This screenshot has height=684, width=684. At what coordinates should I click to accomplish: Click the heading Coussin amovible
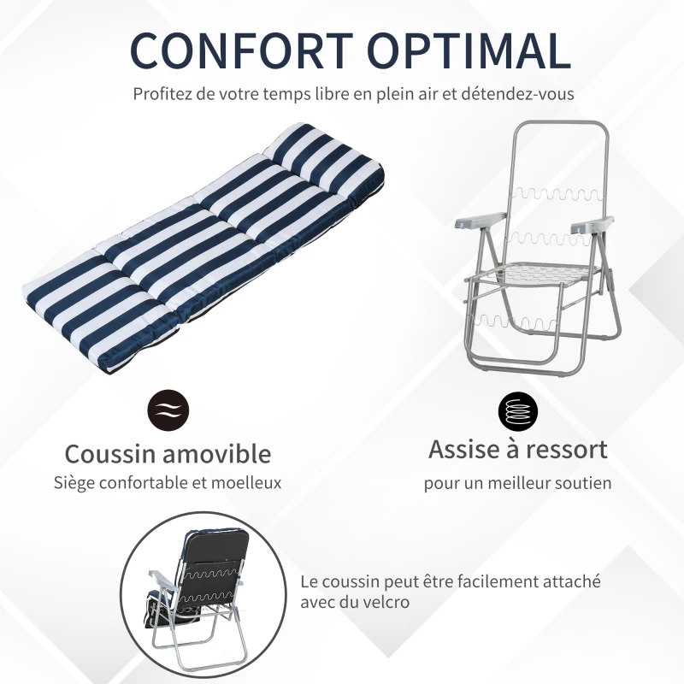click(168, 453)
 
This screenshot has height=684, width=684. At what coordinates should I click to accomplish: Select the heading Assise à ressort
click(518, 449)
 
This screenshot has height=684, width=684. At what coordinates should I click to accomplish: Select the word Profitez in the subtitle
click(161, 93)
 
